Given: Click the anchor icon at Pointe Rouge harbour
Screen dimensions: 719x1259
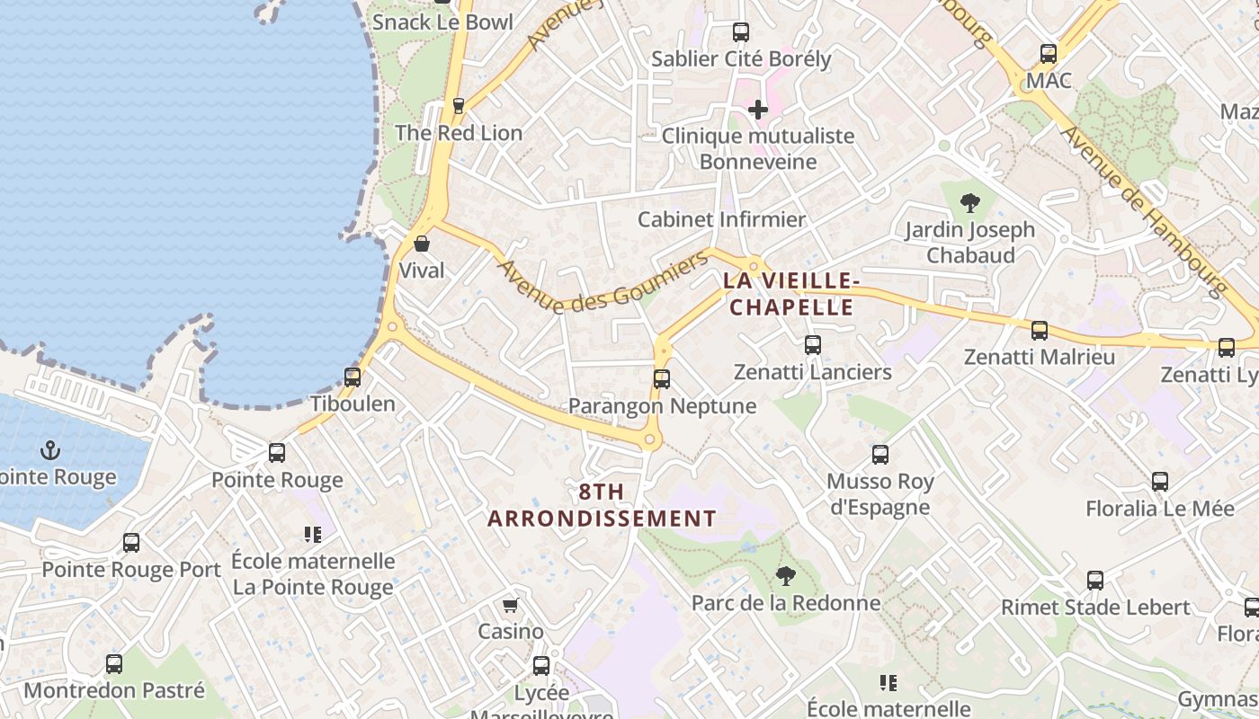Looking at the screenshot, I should [50, 450].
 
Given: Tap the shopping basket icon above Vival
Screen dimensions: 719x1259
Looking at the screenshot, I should [421, 244].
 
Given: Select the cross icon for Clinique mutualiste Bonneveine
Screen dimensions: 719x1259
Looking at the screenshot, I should [758, 110].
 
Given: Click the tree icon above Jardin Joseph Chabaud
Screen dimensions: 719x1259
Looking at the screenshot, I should [969, 203].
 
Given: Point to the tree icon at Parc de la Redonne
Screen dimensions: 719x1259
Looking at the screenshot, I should [786, 576].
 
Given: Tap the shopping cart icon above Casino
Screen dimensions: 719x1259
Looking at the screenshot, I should [511, 605].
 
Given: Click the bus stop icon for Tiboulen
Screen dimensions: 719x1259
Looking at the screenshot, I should [353, 377].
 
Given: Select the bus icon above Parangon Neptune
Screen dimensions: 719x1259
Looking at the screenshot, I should [662, 379].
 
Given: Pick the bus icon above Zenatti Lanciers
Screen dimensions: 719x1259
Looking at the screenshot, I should [813, 345].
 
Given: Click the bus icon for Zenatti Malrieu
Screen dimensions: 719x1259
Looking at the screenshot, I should [1040, 331].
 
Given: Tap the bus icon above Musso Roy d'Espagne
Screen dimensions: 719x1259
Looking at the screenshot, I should [880, 455].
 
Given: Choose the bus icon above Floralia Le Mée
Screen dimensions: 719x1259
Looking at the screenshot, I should [1160, 482].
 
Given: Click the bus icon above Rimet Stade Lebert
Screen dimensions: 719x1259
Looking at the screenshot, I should [1095, 581].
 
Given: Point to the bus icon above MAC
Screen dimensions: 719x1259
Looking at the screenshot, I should [1049, 54].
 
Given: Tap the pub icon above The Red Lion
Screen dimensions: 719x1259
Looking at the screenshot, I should [458, 106].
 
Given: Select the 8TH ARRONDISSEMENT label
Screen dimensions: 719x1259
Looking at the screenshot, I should [602, 505].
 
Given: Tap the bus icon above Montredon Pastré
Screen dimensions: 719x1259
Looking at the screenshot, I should [114, 664].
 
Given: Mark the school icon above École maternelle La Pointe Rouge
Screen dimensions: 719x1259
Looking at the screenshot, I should [313, 535].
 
